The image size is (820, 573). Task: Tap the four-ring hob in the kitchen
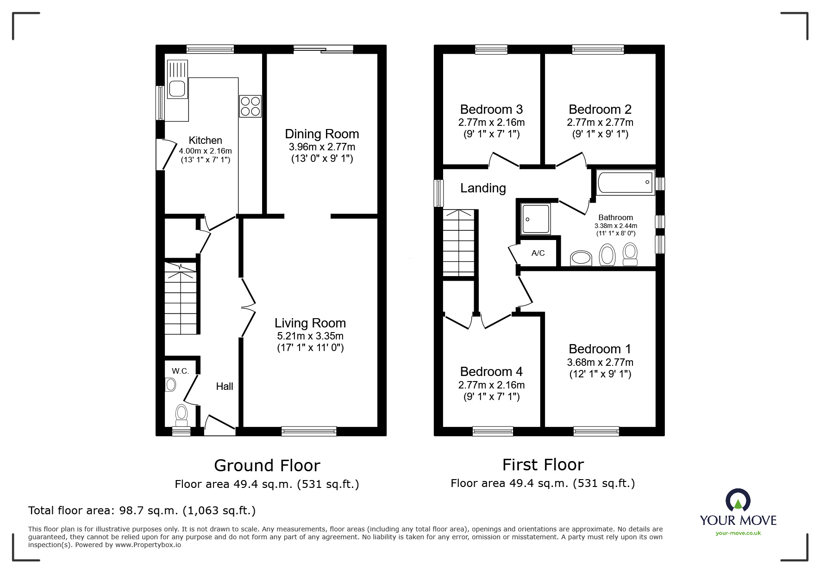point(250,106)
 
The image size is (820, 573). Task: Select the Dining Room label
point(322,134)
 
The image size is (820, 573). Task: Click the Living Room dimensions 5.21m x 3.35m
point(310,336)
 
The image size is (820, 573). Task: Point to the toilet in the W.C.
point(182,414)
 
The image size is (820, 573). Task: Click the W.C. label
point(180,371)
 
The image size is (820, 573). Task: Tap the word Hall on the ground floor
point(225,386)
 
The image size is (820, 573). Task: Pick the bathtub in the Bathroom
point(625,183)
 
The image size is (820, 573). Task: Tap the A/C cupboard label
point(538,253)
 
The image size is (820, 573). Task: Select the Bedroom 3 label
point(491,110)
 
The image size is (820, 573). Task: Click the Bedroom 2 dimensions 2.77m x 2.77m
point(600,123)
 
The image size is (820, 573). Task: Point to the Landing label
point(483,188)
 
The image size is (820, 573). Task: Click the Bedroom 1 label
point(600,349)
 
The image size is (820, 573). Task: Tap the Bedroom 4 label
point(491,372)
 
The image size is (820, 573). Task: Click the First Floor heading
point(543,464)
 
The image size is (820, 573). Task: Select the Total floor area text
point(142,511)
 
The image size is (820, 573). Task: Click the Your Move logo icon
point(738,501)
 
